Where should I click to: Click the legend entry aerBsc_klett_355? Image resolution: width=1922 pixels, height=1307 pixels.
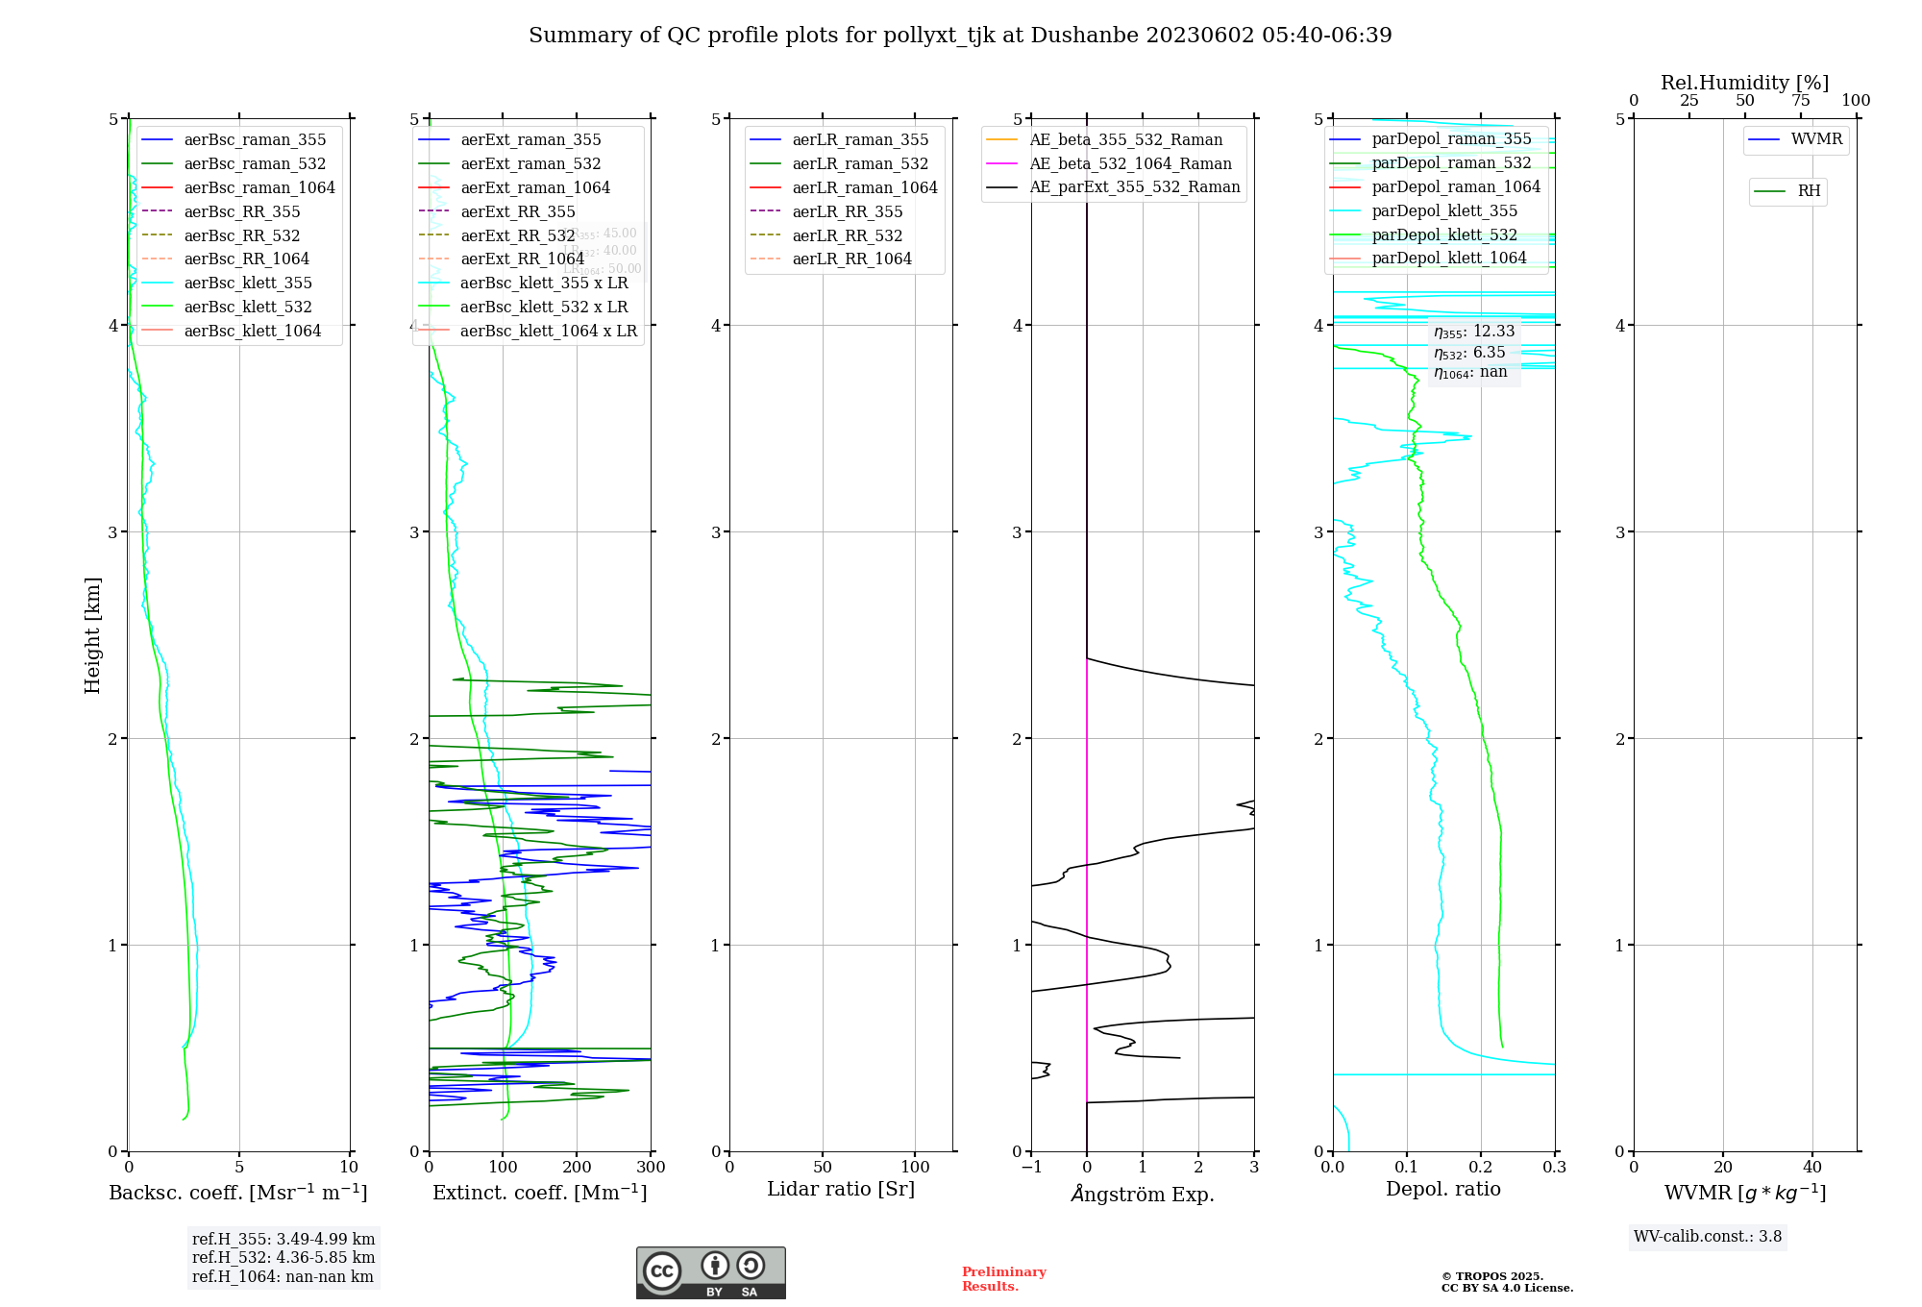[248, 284]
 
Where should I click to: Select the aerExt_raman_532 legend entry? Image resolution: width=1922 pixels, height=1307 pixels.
[530, 164]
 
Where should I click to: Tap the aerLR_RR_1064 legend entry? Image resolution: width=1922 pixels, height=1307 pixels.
[851, 259]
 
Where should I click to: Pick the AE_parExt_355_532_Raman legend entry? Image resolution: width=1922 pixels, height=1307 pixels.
[1134, 187]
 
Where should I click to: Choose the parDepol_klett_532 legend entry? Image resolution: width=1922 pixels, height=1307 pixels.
[1443, 235]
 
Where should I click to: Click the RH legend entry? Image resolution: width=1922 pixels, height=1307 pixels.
[1809, 191]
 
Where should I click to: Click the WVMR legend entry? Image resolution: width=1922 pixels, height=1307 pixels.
[1816, 139]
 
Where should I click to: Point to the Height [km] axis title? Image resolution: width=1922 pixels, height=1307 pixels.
[92, 635]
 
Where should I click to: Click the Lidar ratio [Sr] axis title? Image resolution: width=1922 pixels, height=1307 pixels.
[841, 1190]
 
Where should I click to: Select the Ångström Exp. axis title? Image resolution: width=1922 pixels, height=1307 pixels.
[1143, 1195]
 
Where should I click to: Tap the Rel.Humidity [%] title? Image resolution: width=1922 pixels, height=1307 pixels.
[1744, 83]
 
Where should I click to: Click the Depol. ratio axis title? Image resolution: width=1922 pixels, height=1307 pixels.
[1442, 1190]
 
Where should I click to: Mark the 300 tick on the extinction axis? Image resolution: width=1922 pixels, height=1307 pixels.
[651, 1168]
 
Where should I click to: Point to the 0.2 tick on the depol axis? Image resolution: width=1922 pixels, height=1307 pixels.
[1481, 1168]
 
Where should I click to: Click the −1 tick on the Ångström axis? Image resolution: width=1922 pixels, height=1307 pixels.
[1031, 1168]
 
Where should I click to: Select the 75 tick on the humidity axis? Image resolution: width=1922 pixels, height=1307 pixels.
[1800, 101]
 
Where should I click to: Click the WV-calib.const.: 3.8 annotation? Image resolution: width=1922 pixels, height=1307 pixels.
[1708, 1237]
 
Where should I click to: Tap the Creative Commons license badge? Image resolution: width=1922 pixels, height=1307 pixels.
[710, 1272]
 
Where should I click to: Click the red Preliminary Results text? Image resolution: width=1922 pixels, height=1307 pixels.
[1003, 1279]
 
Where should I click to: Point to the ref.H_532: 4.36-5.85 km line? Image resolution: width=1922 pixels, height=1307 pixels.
[283, 1258]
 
